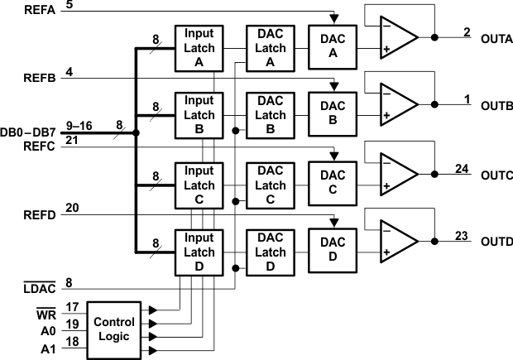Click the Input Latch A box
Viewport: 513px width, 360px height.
click(199, 48)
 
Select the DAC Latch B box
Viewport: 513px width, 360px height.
click(271, 116)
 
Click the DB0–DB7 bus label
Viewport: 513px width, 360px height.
click(27, 132)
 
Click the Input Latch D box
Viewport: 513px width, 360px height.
click(199, 252)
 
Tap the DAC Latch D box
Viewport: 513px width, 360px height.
click(271, 252)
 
